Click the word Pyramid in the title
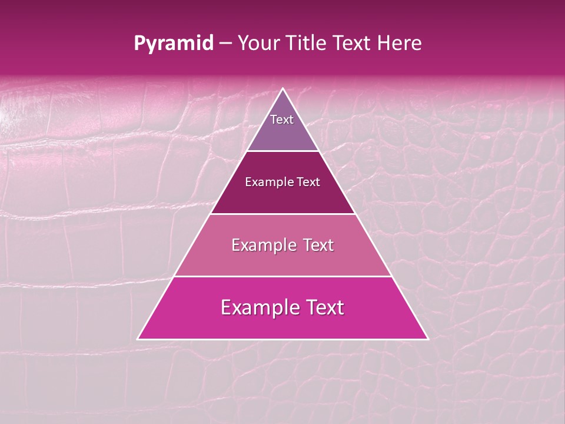[x=173, y=44]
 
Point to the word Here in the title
[x=400, y=44]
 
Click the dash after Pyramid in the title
[x=225, y=44]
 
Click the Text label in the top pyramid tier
[x=282, y=120]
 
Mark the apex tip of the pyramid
[x=283, y=89]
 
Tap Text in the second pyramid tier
[x=308, y=183]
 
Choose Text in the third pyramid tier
[x=318, y=245]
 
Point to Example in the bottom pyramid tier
[x=257, y=307]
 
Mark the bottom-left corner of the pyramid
[x=138, y=339]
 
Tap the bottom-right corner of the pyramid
[x=427, y=339]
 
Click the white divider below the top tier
[x=283, y=151]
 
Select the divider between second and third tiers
[x=283, y=214]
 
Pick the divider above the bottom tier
[x=283, y=276]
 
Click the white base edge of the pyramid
[x=283, y=339]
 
